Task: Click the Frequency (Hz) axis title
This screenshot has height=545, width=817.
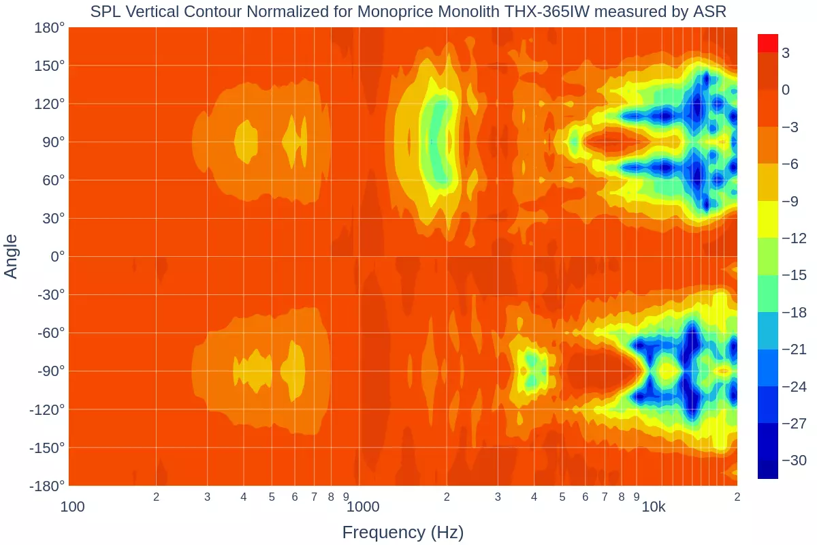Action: [x=403, y=532]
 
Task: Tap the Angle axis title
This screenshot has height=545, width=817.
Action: [x=12, y=256]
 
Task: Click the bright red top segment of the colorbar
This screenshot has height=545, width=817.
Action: [x=768, y=43]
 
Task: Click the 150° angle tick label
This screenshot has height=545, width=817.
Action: [x=51, y=66]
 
